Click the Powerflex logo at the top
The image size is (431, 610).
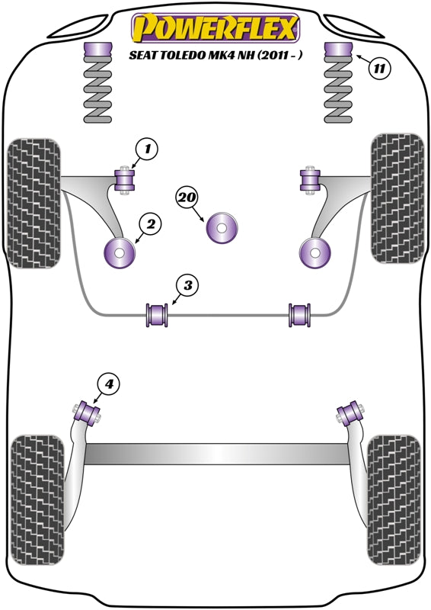coord(214,27)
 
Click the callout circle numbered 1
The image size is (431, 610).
coord(148,149)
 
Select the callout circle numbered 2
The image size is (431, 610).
coord(151,224)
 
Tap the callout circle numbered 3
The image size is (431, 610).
coord(187,286)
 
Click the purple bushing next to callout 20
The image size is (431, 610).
coord(222,227)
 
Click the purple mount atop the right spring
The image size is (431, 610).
coord(338,52)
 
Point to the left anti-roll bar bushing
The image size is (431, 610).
coord(156,314)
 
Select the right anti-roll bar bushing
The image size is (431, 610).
coord(300,314)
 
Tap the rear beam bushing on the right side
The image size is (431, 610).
coord(351,413)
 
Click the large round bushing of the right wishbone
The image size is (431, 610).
coord(313,252)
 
